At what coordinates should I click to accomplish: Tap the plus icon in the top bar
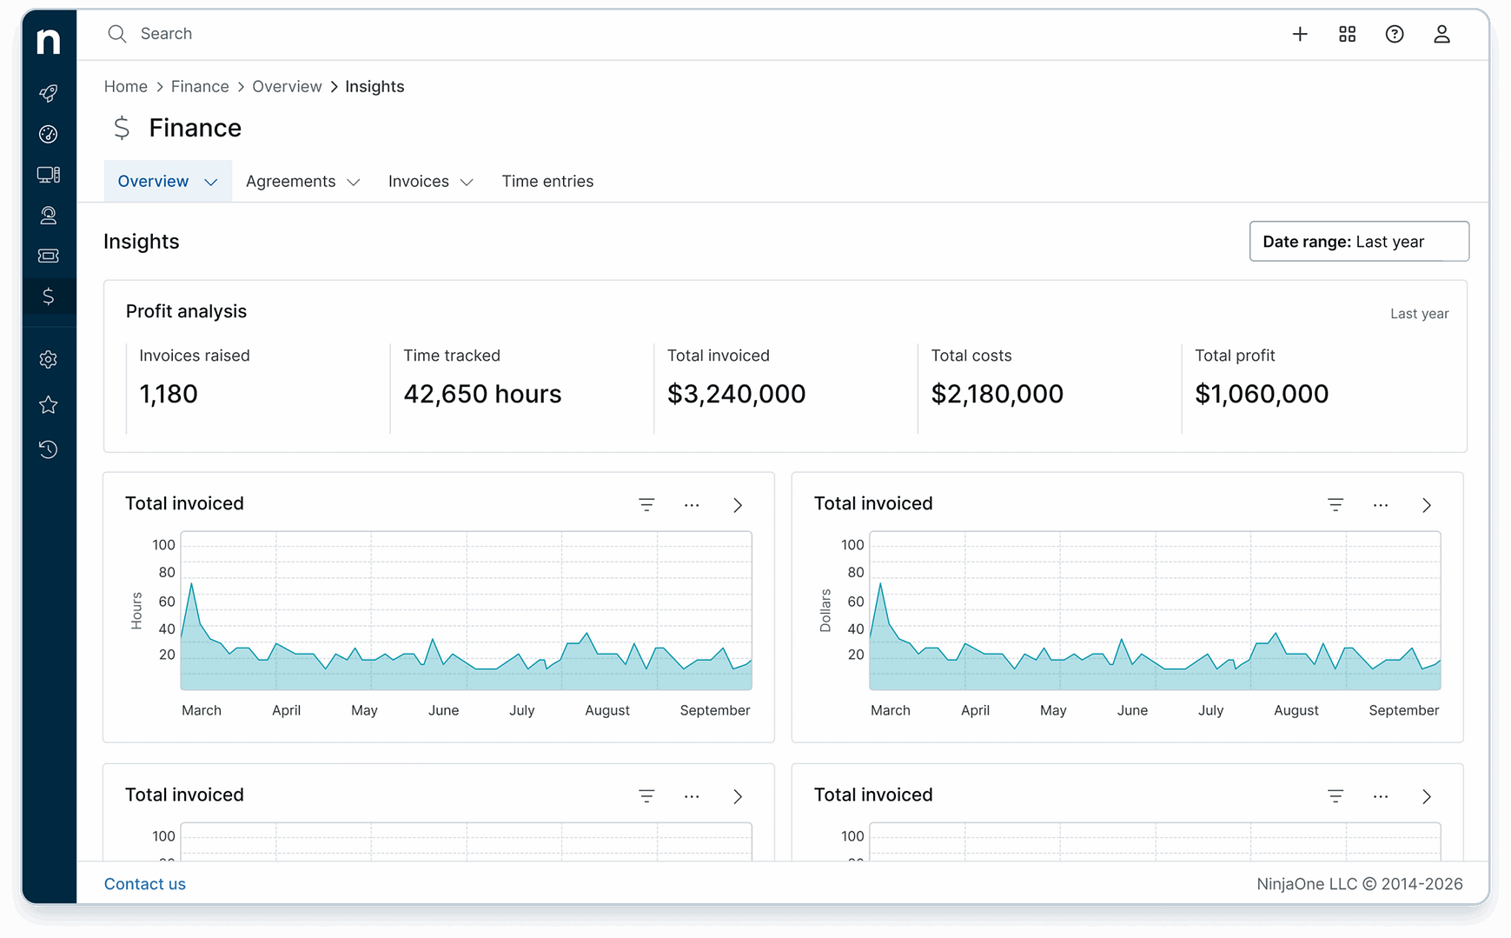tap(1300, 34)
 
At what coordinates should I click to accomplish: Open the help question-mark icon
tap(1395, 34)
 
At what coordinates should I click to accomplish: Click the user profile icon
tap(1441, 34)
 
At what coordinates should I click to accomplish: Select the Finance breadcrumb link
tap(200, 86)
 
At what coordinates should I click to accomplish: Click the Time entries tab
tap(547, 181)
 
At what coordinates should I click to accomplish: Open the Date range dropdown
tap(1358, 242)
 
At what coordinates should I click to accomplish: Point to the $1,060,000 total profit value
tap(1261, 394)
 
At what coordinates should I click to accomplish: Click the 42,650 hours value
tap(482, 394)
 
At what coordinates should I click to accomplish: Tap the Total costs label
tap(971, 356)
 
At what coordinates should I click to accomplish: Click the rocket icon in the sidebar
tap(49, 93)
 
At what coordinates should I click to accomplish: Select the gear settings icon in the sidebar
tap(49, 359)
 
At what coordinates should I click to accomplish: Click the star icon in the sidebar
tap(49, 404)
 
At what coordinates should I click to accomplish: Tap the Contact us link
tap(145, 883)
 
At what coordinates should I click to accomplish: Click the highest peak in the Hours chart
tap(191, 584)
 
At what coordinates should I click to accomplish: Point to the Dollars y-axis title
tap(825, 610)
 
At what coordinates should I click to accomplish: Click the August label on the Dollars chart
tap(1296, 710)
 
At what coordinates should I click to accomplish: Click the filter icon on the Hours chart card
tap(646, 505)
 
